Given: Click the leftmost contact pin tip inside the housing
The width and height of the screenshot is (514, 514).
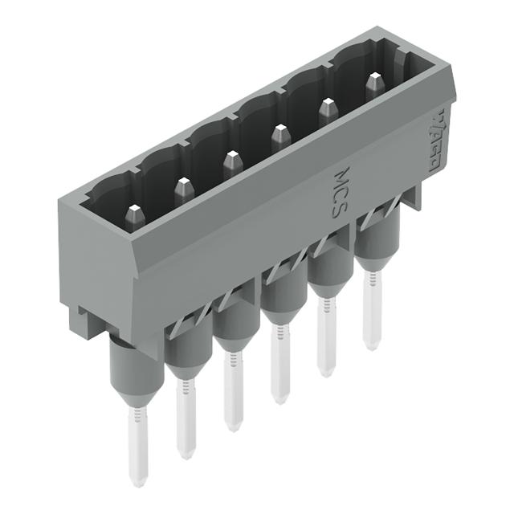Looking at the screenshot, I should coord(133,214).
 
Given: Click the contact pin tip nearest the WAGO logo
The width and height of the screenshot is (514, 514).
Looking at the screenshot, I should coord(374,83).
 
